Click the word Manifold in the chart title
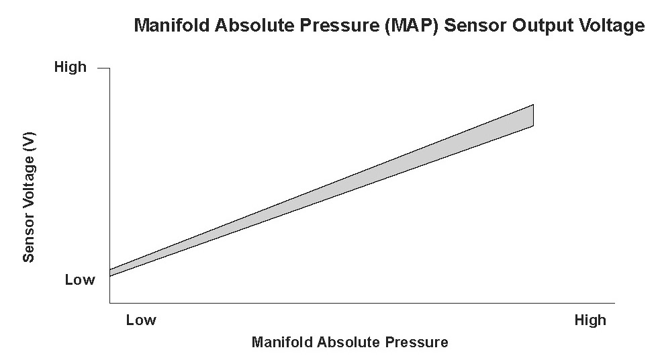(x=171, y=25)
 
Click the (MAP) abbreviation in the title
(x=412, y=26)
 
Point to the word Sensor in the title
(x=475, y=25)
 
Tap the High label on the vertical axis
(x=70, y=67)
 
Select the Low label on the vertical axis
(x=80, y=280)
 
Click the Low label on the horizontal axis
(x=141, y=320)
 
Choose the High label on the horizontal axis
(x=590, y=320)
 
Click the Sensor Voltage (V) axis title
(x=28, y=197)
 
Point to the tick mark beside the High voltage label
(x=103, y=68)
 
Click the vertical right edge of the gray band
(x=533, y=115)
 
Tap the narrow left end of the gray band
(x=110, y=273)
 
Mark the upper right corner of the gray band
(x=533, y=105)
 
